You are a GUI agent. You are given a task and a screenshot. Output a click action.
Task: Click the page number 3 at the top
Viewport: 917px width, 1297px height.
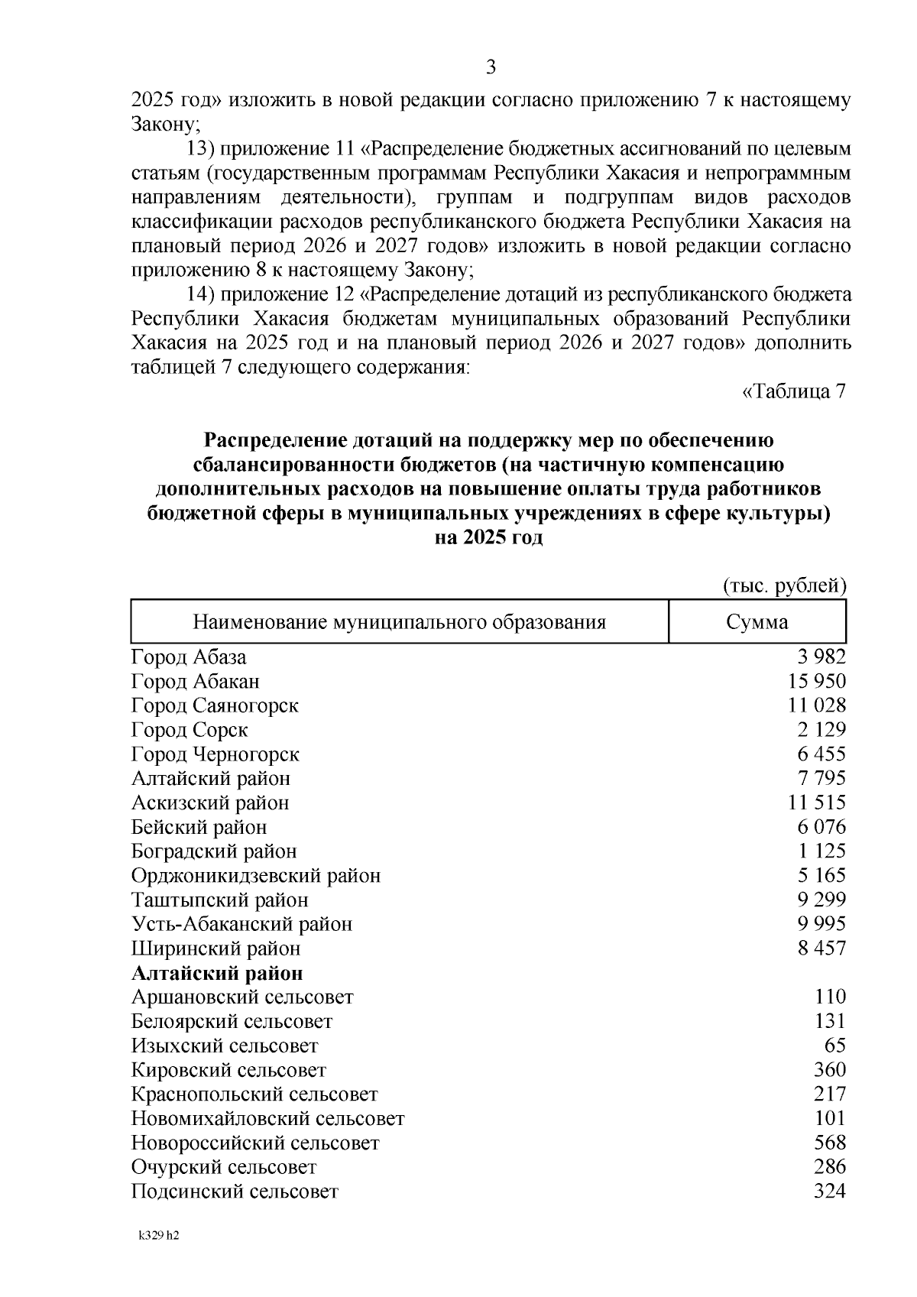coord(491,68)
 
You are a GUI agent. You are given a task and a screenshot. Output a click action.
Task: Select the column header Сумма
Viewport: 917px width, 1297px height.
coord(757,622)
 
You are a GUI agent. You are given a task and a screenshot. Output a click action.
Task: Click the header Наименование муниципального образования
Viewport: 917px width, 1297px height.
coord(399,622)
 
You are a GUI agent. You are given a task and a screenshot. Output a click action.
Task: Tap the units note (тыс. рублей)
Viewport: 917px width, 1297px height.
coord(785,586)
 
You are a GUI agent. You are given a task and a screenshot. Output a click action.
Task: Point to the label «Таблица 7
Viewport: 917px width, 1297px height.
coord(794,392)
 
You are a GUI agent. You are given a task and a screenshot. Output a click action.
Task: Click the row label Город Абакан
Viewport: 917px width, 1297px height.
coord(196,681)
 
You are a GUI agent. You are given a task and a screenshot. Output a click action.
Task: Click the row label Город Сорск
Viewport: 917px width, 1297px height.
coord(190,730)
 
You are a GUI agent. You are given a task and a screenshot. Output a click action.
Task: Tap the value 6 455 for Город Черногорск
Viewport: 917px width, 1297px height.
coord(821,754)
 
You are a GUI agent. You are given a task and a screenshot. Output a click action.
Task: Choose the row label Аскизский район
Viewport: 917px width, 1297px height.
coord(210,803)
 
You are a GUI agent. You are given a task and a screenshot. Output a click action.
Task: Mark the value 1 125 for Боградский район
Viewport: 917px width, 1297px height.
coord(821,851)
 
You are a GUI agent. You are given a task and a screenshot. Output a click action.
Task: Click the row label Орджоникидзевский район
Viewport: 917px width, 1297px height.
coord(256,876)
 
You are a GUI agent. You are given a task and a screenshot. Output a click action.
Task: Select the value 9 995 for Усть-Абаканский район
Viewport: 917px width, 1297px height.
coord(821,924)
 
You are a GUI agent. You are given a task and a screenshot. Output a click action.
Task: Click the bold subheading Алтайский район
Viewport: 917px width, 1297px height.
coord(217,974)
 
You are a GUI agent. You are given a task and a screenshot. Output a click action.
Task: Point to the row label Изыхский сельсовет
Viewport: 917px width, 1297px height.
coord(225,1046)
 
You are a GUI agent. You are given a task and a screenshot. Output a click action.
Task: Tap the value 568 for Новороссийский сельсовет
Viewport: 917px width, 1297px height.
coord(830,1143)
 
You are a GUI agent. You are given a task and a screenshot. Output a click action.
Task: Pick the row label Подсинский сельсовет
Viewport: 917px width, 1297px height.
coord(235,1192)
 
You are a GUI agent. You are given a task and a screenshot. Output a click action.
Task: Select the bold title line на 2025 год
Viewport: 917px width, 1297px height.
coord(488,538)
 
